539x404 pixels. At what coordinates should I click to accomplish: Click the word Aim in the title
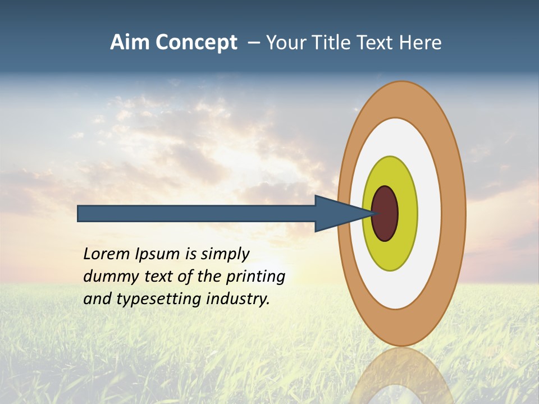130,42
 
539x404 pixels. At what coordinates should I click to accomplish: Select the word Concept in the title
197,43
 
